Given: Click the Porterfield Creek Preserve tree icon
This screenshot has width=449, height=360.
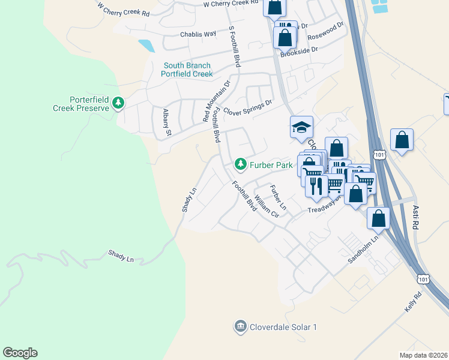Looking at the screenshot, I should pos(119,104).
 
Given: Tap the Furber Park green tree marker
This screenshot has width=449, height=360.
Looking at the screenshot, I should pos(241,164).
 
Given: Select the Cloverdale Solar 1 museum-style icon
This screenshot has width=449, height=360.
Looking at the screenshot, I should pos(240,326).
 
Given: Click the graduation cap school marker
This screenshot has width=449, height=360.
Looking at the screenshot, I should pos(301,127).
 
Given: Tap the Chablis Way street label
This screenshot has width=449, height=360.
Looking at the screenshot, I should pos(201,34).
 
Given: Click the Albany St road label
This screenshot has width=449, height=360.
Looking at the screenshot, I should pos(167,122).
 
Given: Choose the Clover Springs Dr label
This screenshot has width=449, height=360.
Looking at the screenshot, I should pos(247,107).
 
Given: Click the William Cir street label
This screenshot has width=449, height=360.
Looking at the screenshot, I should pos(267,206).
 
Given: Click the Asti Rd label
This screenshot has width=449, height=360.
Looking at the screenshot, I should pos(415,217).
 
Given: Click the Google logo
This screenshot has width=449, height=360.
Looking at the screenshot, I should pos(20,353).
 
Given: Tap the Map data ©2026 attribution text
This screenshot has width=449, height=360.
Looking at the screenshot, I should pos(424,355).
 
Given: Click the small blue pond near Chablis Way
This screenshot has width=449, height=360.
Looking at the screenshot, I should pos(145,46).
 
